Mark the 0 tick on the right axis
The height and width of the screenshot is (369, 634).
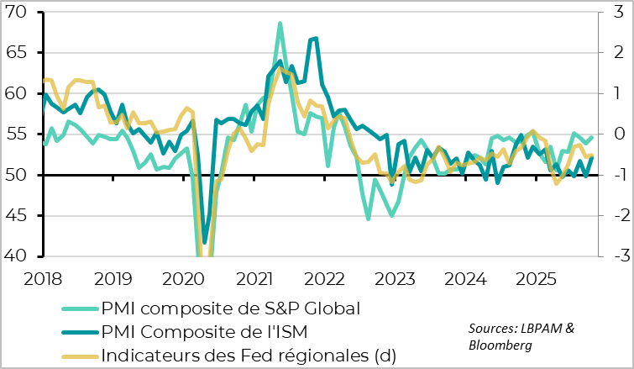pos(616,134)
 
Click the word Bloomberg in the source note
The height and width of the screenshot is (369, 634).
pos(500,345)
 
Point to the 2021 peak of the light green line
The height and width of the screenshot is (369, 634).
pos(280,24)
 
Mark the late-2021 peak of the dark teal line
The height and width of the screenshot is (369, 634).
pos(315,38)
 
